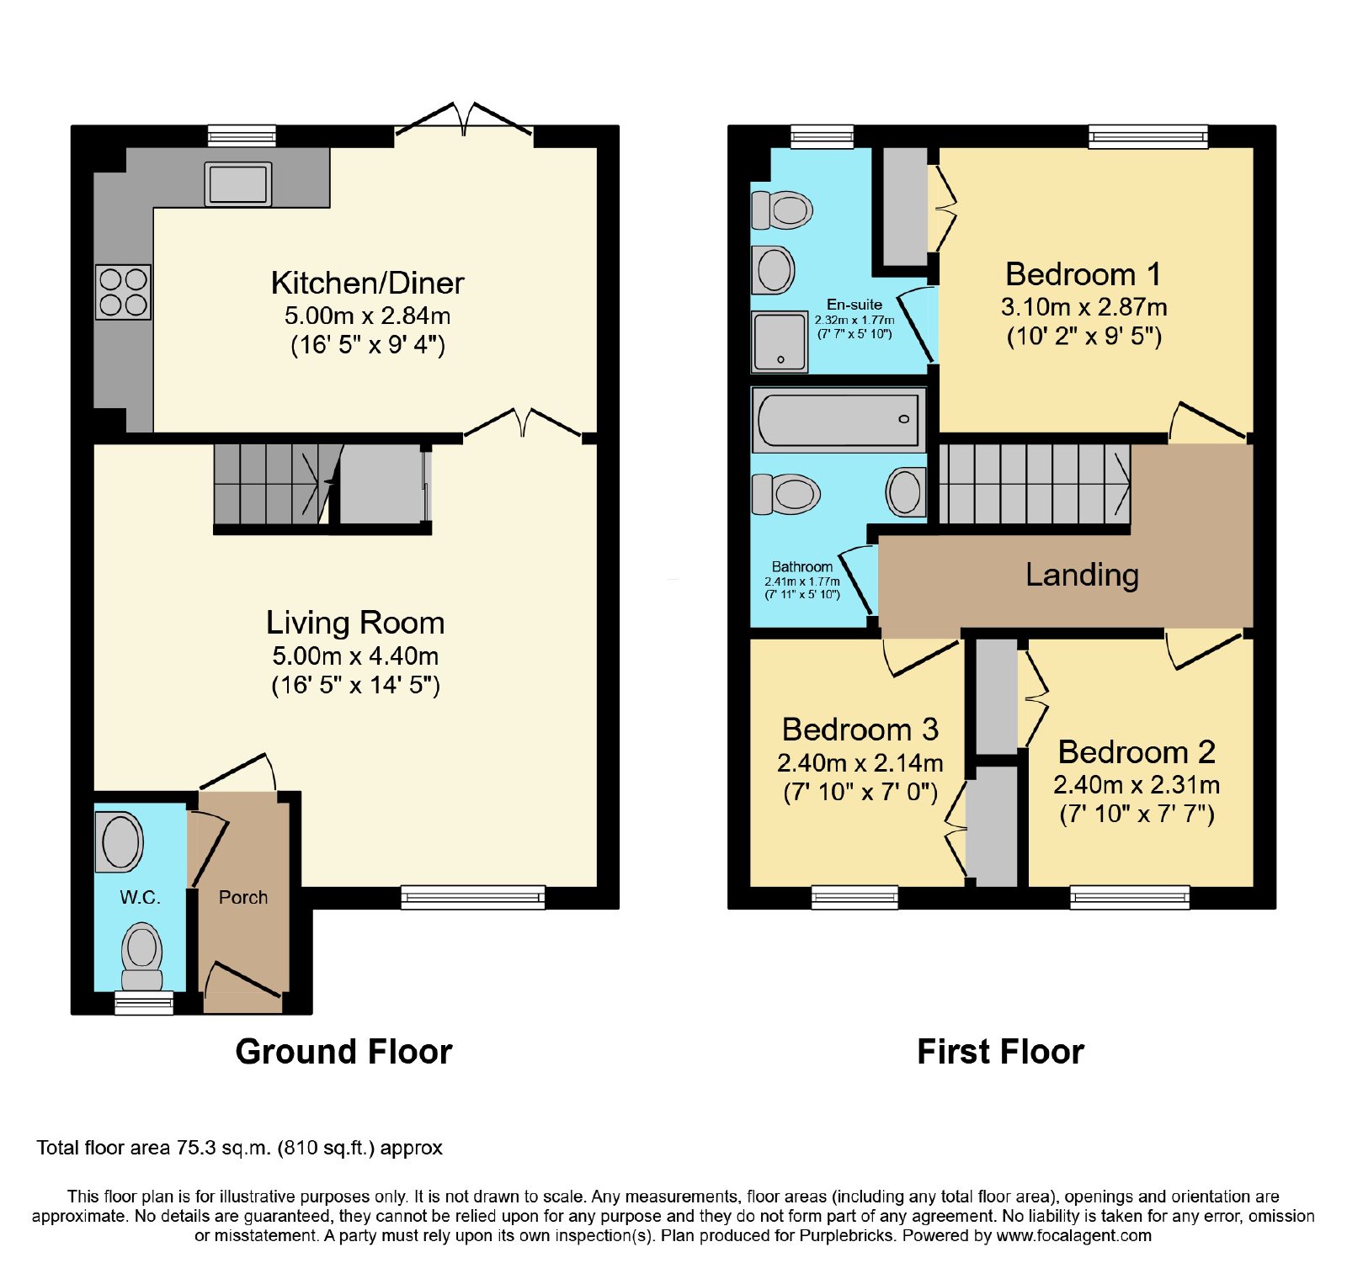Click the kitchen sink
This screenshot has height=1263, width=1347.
238,184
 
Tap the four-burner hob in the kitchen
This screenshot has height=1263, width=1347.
123,292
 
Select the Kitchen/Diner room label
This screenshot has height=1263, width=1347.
367,283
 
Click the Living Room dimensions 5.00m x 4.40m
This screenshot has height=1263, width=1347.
355,655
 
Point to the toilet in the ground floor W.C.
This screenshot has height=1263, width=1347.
141,958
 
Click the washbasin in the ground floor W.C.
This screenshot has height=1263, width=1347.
120,841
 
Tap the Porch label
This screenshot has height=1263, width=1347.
243,897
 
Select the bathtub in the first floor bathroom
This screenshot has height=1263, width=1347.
839,419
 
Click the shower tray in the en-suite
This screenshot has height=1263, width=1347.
780,342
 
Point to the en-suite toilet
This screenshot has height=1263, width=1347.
782,210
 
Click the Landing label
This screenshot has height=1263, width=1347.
1082,575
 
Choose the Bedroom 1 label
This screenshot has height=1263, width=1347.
1083,274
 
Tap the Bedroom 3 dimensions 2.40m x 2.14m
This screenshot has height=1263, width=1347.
860,763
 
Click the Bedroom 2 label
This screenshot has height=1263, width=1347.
1137,751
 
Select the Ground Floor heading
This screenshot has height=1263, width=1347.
343,1052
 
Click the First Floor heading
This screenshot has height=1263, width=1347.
1000,1052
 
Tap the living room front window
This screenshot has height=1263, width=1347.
473,897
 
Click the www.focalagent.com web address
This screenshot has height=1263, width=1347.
1073,1236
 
